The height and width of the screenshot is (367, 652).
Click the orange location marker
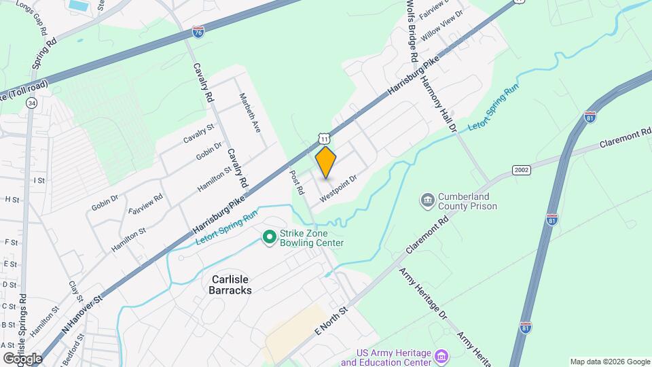coord(326,162)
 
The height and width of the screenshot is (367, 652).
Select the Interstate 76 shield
coord(198,32)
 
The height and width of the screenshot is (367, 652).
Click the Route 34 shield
coord(31,103)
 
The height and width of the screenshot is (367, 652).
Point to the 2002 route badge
coord(522,170)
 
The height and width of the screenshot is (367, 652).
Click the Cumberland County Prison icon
coord(429,200)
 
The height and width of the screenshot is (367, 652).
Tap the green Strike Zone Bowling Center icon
coord(269,237)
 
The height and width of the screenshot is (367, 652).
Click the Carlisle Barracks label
coord(222,284)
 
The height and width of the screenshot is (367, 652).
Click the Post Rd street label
coord(295,179)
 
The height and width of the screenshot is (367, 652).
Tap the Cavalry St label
coord(198,133)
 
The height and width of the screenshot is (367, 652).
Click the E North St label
coord(331,319)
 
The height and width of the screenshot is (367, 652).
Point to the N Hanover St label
coord(81,313)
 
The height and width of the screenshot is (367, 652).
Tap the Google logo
coord(22,357)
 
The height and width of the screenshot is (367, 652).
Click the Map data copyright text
coord(609,362)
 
